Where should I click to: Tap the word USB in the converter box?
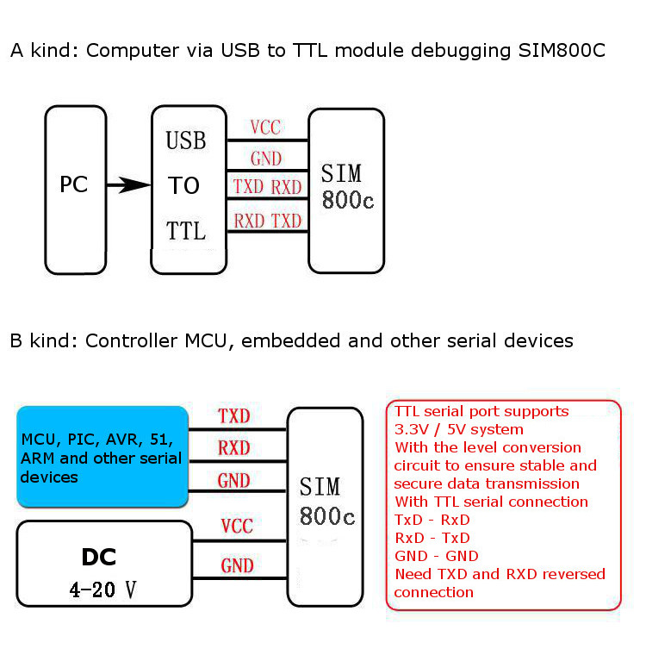(x=185, y=140)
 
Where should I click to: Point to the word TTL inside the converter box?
(x=185, y=231)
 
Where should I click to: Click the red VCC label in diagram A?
(x=265, y=128)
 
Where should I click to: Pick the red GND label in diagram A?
(x=265, y=159)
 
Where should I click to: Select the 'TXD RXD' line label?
(x=267, y=188)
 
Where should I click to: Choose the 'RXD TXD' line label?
(x=267, y=221)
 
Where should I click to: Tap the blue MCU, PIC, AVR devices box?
(x=102, y=457)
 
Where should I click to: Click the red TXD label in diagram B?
(x=233, y=416)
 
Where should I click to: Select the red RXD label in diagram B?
(x=233, y=448)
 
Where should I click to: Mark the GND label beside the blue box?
(x=233, y=481)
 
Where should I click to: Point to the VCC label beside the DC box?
(x=237, y=527)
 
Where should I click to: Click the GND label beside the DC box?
(x=237, y=565)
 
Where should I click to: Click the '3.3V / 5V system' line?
(x=458, y=429)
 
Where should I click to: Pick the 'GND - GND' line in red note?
(x=436, y=556)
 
